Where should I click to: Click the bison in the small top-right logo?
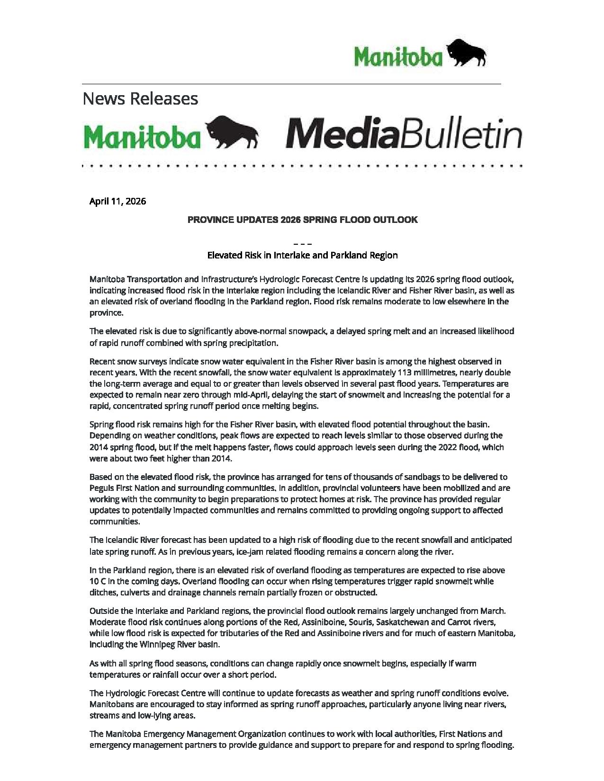pyautogui.click(x=467, y=53)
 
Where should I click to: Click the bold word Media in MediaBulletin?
pyautogui.click(x=340, y=135)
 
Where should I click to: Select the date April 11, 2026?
pyautogui.click(x=117, y=201)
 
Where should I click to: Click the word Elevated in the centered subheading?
pyautogui.click(x=225, y=256)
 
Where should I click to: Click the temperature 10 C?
pyautogui.click(x=98, y=581)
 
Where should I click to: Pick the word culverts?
pyautogui.click(x=136, y=593)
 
